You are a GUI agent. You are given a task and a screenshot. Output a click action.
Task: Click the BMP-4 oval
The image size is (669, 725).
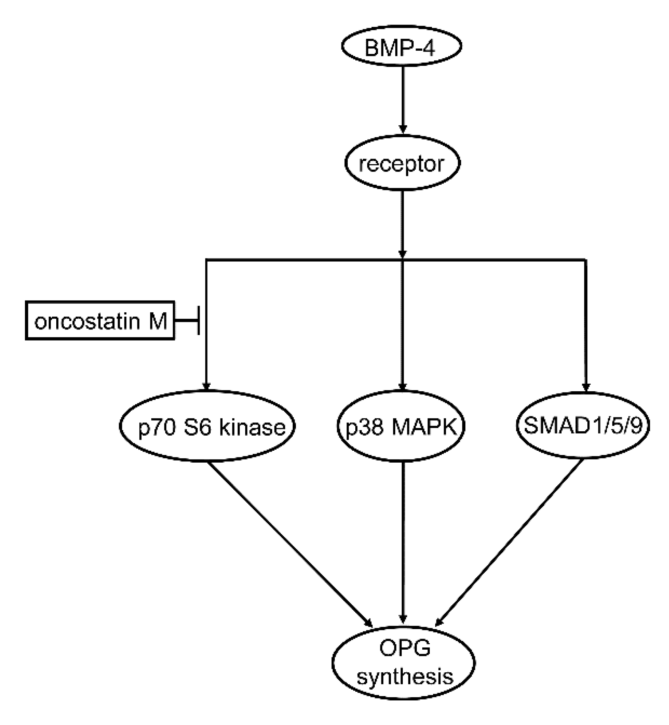[401, 47]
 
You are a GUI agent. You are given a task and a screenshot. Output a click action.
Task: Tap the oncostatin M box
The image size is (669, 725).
[100, 320]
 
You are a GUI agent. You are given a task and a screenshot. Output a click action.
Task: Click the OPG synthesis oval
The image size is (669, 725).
[404, 663]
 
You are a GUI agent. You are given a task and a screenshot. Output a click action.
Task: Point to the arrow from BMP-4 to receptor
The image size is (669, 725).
[403, 99]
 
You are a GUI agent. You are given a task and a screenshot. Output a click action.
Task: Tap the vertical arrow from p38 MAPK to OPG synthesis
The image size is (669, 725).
[403, 543]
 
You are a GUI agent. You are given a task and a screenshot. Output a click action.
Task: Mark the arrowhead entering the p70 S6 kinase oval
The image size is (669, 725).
[206, 386]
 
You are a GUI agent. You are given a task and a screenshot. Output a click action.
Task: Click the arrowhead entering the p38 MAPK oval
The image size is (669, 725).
[403, 386]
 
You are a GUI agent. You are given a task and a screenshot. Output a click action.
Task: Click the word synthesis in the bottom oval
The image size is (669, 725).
[405, 677]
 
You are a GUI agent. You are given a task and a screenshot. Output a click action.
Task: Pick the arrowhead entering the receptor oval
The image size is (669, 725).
[403, 128]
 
